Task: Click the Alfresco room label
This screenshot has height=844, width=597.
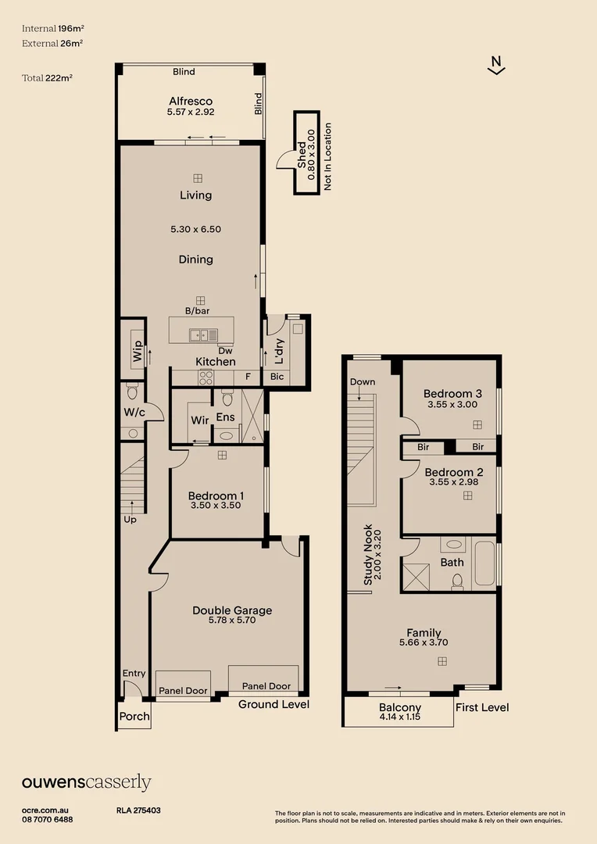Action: (191, 102)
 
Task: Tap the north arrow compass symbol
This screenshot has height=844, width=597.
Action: (495, 66)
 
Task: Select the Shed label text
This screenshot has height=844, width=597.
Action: (302, 159)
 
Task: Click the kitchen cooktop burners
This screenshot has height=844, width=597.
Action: (206, 377)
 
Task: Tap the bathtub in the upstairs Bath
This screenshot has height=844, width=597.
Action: (484, 564)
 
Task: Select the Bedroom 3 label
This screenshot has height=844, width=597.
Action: (452, 394)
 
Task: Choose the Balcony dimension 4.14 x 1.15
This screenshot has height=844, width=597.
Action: (399, 717)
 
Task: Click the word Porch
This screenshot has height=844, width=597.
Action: (133, 717)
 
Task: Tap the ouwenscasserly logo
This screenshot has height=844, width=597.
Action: (86, 782)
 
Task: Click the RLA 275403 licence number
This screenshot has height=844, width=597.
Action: (138, 811)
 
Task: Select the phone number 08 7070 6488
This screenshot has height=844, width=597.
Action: (48, 820)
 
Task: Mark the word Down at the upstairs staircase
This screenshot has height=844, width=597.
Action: (363, 382)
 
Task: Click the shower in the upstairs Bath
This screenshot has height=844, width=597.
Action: (416, 576)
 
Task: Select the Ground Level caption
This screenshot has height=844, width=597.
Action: (273, 704)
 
